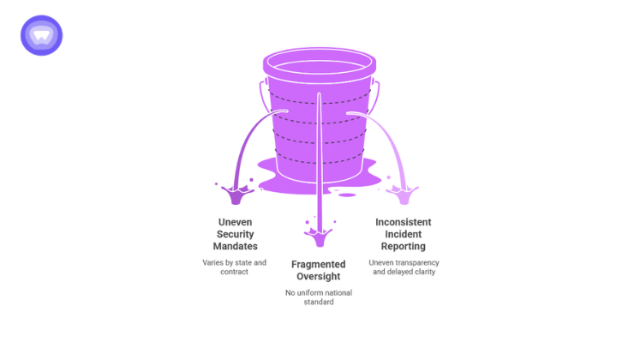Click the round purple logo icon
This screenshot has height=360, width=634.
[41, 35]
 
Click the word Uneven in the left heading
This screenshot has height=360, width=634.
[235, 222]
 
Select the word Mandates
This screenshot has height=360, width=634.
[235, 247]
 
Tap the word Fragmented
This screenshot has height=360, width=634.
[318, 264]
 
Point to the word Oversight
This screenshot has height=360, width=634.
[318, 277]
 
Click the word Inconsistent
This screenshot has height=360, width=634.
[403, 222]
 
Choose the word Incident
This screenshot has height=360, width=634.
[403, 234]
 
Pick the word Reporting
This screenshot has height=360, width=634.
[403, 247]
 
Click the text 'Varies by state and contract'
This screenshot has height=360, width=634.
[235, 267]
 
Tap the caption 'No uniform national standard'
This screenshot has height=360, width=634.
[318, 297]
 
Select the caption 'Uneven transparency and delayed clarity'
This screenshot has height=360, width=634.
[403, 267]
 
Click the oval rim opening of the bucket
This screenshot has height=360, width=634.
[319, 62]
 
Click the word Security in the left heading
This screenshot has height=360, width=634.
[235, 234]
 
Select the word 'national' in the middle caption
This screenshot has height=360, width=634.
[335, 292]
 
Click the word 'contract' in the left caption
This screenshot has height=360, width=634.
[235, 272]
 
